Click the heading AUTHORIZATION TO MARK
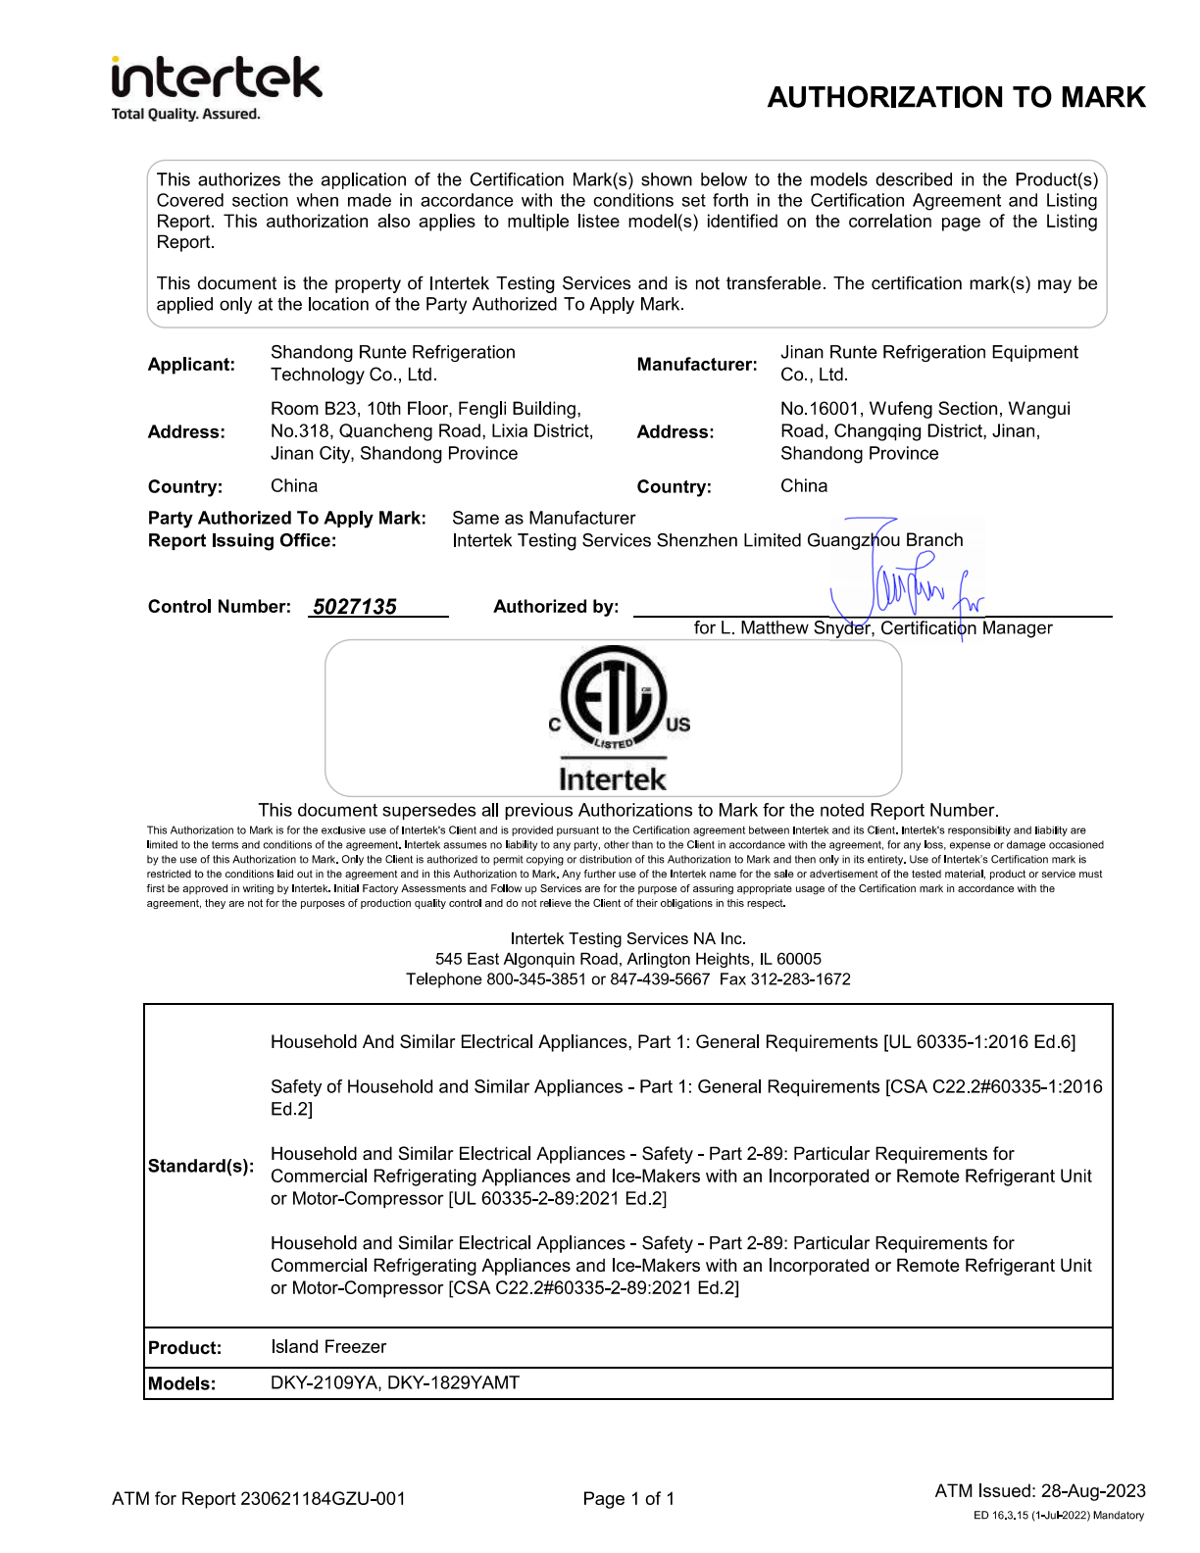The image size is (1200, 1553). (x=956, y=97)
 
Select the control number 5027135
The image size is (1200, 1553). (x=355, y=607)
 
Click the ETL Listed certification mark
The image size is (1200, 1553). (x=613, y=718)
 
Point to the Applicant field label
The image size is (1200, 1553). (x=191, y=365)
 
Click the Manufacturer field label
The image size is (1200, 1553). (x=696, y=365)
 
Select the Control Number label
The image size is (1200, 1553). (x=219, y=607)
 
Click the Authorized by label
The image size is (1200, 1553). (x=556, y=607)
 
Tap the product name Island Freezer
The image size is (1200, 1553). (x=328, y=1347)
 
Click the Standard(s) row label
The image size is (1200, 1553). (x=200, y=1166)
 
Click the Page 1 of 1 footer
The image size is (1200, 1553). (x=628, y=1499)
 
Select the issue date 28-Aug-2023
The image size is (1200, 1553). (x=1093, y=1491)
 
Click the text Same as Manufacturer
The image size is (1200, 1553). (x=543, y=518)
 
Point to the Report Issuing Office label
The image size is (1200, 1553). (x=242, y=541)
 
